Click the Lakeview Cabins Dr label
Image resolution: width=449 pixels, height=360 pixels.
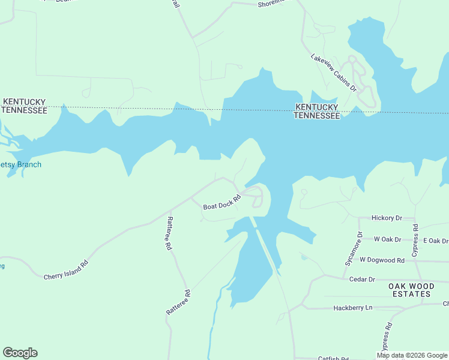pos(334,73)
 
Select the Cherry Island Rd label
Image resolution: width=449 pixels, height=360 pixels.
pos(66,270)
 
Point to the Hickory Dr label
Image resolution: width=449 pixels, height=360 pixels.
pos(387,218)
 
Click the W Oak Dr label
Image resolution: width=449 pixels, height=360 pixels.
pos(387,239)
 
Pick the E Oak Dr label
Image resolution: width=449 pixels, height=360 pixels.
pos(435,241)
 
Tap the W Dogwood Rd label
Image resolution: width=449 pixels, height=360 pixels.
pos(382,260)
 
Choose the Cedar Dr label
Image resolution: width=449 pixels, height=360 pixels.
pos(362,279)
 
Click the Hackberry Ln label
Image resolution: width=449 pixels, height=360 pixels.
pos(353,308)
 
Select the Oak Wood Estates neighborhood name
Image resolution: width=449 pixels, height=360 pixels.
pos(409,290)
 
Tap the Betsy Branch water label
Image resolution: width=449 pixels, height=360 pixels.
pos(20,164)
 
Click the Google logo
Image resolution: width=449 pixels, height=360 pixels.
pos(20,353)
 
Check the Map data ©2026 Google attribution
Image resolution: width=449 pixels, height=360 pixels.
pos(412,355)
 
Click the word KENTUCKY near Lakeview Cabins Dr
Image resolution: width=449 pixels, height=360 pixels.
pos(316,107)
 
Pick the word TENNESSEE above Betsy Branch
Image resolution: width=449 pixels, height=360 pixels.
pos(24,110)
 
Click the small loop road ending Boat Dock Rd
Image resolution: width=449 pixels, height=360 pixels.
pos(256,197)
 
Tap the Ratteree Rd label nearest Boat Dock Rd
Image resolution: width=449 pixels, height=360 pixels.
pos(169,233)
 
